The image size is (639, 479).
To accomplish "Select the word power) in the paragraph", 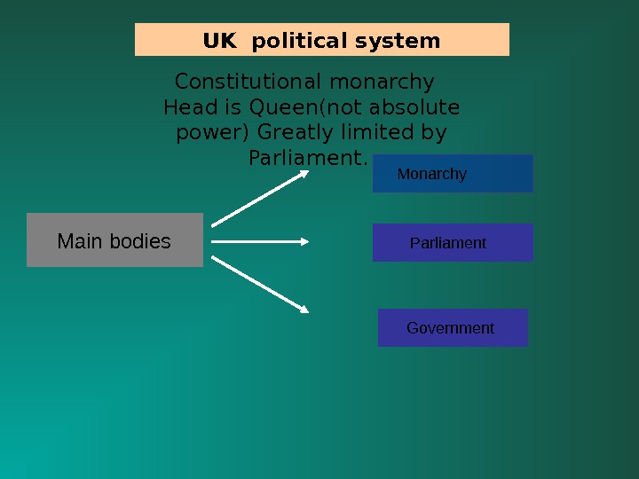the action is (213, 133).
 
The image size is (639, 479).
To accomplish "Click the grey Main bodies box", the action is (114, 240).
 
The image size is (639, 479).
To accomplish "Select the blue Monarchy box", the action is (453, 174).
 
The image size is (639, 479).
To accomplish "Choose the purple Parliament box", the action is (453, 243).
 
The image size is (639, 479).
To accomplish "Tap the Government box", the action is (453, 328).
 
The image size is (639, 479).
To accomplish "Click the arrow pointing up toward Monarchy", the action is (259, 198).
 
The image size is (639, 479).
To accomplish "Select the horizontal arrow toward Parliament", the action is (259, 240).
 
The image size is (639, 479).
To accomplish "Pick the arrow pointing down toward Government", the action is (259, 284).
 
